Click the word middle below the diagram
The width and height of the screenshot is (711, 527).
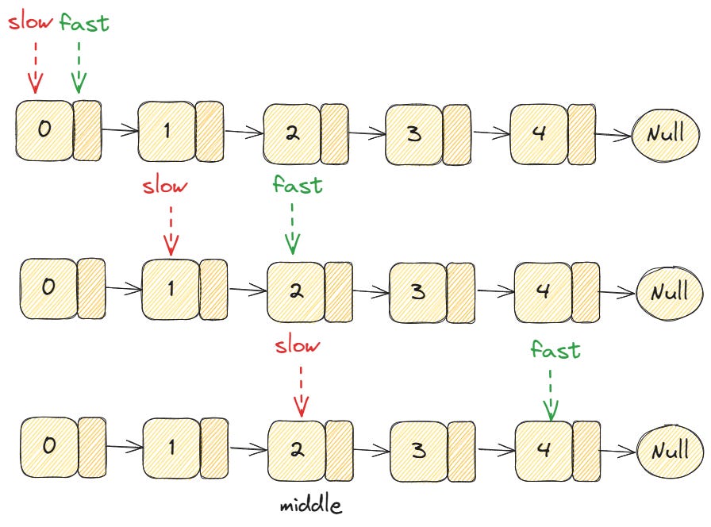point(310,505)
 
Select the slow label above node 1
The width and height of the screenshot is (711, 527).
point(165,187)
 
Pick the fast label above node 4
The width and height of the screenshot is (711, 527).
point(555,349)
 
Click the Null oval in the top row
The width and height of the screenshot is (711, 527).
point(664,134)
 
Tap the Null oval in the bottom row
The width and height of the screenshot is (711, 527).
point(669,451)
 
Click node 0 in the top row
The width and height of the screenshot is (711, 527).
point(44,130)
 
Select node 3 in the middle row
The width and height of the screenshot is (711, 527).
point(417,290)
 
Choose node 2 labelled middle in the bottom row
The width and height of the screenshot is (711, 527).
point(296,449)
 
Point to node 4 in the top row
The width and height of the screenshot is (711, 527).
point(539,133)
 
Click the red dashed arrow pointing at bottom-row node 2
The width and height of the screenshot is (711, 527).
point(300,390)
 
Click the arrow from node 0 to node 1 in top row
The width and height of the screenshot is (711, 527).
point(119,131)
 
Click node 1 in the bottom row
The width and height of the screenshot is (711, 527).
point(171,447)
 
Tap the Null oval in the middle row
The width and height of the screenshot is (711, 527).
point(669,293)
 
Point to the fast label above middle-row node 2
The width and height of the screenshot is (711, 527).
point(297,185)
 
